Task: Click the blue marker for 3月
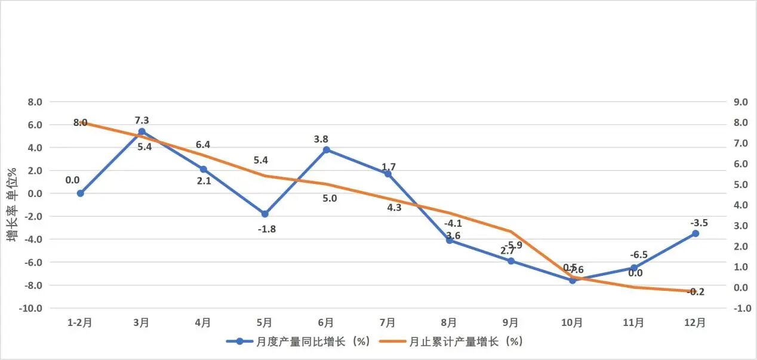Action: tap(141, 131)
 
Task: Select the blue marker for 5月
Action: tap(264, 214)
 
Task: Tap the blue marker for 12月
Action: tap(695, 233)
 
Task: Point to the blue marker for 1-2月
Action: tap(80, 193)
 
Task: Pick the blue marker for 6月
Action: tap(326, 150)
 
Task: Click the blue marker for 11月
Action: tap(633, 268)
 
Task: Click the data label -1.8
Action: tap(266, 229)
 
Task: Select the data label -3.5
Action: tap(699, 223)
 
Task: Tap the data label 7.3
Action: tap(141, 121)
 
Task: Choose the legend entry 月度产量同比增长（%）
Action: tap(299, 341)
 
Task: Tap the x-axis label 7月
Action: tap(387, 323)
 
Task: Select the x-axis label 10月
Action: tap(572, 323)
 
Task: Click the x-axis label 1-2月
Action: tap(80, 323)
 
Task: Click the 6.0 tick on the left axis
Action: tap(34, 125)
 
